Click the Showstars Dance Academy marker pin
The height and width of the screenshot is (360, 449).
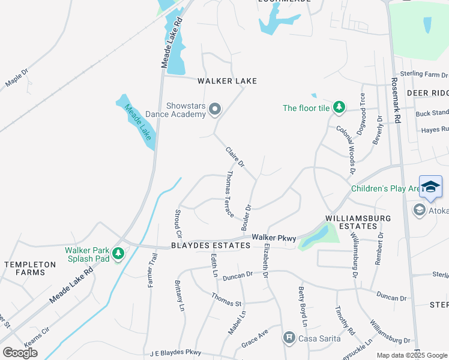tap(215, 109)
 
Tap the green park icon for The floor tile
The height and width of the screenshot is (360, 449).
tap(339, 107)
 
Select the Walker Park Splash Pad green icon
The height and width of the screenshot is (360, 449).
tap(118, 254)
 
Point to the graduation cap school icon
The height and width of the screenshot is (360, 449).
tap(430, 187)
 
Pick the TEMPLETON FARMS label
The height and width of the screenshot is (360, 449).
tap(29, 268)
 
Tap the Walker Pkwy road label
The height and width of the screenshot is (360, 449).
tap(274, 238)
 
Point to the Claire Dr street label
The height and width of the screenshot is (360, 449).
tap(235, 157)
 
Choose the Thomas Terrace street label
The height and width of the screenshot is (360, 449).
tap(229, 194)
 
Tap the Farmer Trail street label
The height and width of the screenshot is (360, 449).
tap(152, 269)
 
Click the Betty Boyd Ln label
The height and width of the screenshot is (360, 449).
tap(303, 306)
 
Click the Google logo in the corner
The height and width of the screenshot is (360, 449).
tap(20, 353)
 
